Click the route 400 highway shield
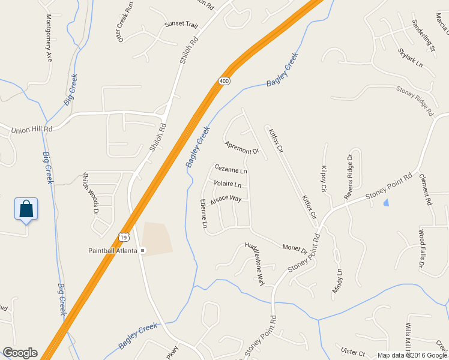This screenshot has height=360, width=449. click(223, 80)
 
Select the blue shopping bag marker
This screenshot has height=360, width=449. click(26, 209)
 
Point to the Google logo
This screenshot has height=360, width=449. click(20, 353)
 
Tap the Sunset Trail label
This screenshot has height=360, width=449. click(181, 25)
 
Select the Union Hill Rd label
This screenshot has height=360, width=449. click(32, 128)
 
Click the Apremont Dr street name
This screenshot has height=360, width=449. click(241, 148)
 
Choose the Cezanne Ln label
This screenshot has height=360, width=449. click(231, 171)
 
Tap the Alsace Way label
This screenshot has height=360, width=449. click(226, 199)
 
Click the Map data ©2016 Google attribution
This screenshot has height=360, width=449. click(412, 355)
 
